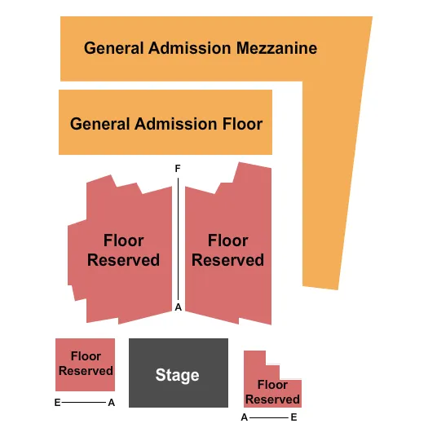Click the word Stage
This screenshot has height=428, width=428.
[x=177, y=375]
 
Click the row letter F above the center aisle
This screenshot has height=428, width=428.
[x=177, y=168]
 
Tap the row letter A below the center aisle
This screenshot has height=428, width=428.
[x=177, y=307]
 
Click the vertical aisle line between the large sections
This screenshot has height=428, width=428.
[x=179, y=236]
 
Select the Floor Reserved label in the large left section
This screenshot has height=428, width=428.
[x=123, y=250]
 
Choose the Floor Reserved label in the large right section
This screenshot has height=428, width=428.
[x=227, y=250]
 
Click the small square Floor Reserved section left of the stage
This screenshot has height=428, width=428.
[x=85, y=364]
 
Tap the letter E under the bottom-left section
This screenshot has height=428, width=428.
[x=57, y=403]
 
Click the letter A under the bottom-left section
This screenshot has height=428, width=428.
[x=112, y=403]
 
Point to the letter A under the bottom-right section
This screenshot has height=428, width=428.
[x=244, y=417]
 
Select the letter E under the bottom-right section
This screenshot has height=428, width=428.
[x=294, y=417]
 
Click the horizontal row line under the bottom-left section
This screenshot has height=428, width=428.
[x=84, y=403]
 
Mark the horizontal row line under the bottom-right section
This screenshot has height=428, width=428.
[x=269, y=417]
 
